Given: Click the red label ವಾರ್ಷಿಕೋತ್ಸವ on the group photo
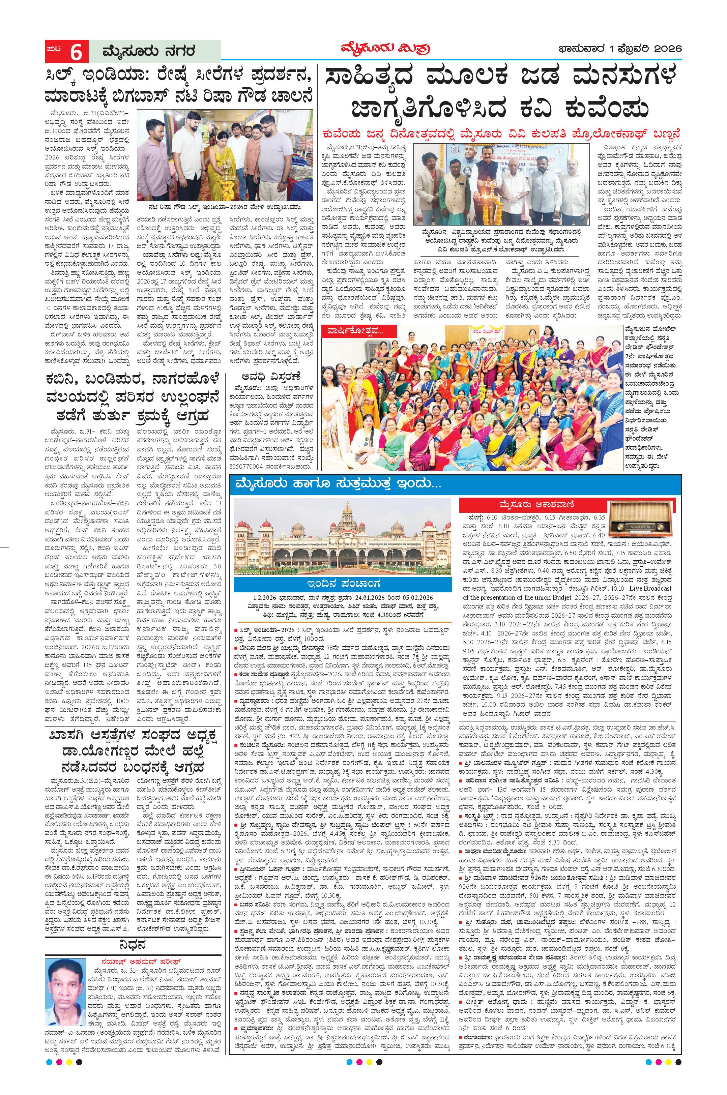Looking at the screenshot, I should pos(358,331).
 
